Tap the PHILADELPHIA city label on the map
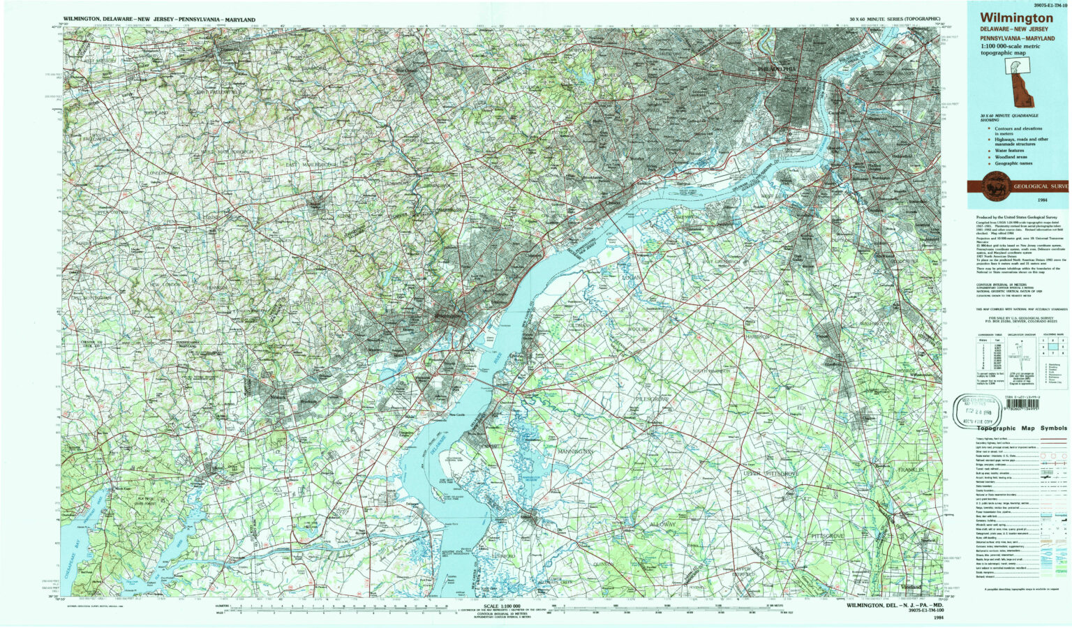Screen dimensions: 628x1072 776,69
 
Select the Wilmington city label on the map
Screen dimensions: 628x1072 447,316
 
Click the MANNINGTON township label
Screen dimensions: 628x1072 575,452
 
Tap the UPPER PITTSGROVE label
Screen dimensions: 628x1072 770,474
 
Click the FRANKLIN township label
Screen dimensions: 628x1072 910,470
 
